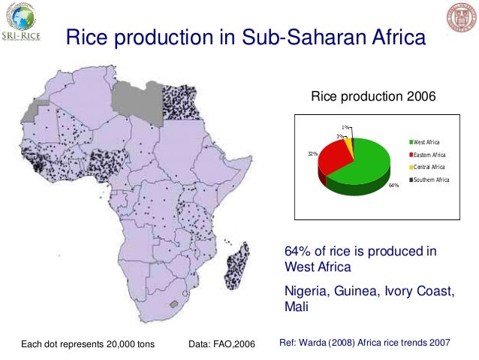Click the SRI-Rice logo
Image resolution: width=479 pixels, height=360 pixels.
23,23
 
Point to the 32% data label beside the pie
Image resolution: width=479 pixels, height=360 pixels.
312,153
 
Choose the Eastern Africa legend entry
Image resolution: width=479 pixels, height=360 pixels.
427,156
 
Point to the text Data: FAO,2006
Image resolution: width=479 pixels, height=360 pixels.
223,344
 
